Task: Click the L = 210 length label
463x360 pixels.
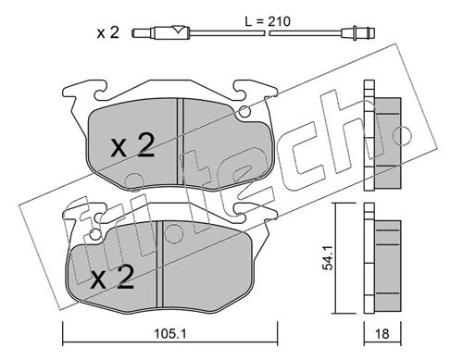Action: pos(268,21)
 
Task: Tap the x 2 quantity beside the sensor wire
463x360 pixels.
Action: pos(108,32)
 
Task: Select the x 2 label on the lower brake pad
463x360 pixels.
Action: pos(113,277)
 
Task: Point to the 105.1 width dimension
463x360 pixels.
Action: pos(170,333)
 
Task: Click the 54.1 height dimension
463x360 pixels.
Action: pos(328,258)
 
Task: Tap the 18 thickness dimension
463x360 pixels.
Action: pos(382,334)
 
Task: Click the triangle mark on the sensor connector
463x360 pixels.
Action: pos(177,30)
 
